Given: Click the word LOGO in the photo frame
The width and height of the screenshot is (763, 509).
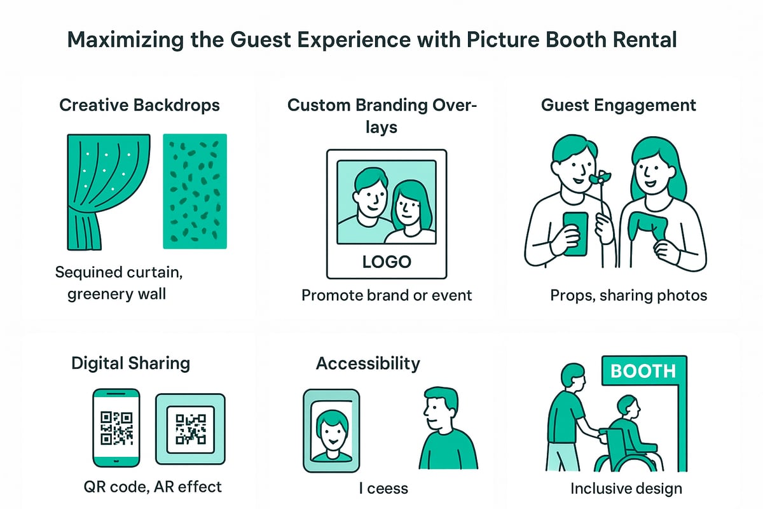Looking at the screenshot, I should tap(386, 261).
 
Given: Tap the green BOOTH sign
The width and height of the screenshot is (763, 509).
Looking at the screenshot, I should tap(642, 370).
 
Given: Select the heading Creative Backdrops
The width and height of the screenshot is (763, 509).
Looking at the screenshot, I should tap(139, 105).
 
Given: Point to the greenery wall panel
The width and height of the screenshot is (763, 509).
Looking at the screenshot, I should tap(195, 191).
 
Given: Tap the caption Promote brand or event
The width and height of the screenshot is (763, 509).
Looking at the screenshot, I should tap(387, 295).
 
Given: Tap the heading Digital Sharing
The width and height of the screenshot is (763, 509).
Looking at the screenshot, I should tap(130, 363).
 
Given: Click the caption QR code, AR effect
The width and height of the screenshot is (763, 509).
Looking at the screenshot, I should tap(153, 487).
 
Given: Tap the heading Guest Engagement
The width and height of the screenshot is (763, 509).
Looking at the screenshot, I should tap(618, 105).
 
